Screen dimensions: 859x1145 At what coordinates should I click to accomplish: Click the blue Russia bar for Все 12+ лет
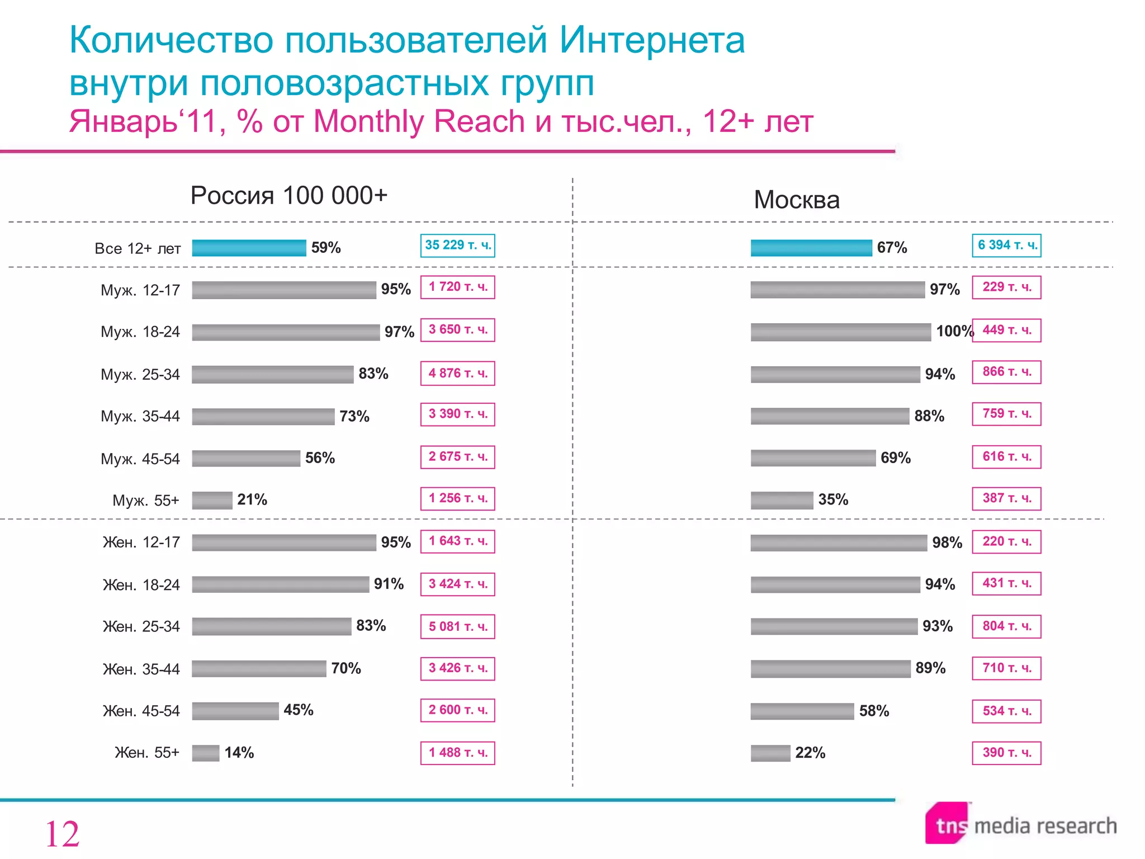[249, 248]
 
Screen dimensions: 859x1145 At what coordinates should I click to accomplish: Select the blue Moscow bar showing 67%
[811, 248]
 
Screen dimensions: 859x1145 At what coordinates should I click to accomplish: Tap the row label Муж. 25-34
[140, 374]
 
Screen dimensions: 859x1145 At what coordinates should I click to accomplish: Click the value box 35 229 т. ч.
[457, 246]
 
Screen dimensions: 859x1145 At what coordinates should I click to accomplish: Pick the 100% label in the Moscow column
[954, 331]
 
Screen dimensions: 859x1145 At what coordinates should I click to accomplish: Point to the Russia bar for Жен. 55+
[206, 753]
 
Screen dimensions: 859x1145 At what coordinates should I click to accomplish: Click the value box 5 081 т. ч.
[457, 626]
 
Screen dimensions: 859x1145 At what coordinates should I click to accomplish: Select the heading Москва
[796, 200]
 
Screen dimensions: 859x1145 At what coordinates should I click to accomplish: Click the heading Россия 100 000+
[288, 196]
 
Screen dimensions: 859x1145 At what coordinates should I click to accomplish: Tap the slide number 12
[62, 834]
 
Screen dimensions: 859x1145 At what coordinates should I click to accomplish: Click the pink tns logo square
[947, 823]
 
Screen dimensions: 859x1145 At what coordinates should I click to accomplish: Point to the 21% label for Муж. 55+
[252, 499]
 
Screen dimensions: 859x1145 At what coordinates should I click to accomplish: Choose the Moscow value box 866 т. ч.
[1006, 372]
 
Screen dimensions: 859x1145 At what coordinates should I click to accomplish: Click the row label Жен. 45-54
[141, 711]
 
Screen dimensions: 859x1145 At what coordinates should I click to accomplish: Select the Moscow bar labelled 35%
[782, 500]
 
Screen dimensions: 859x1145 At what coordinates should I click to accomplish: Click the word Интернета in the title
[652, 40]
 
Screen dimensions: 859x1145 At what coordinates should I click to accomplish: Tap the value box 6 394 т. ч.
[1006, 246]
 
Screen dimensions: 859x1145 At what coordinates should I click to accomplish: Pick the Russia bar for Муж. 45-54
[246, 459]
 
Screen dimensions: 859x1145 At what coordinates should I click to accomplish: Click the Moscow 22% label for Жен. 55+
[810, 753]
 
